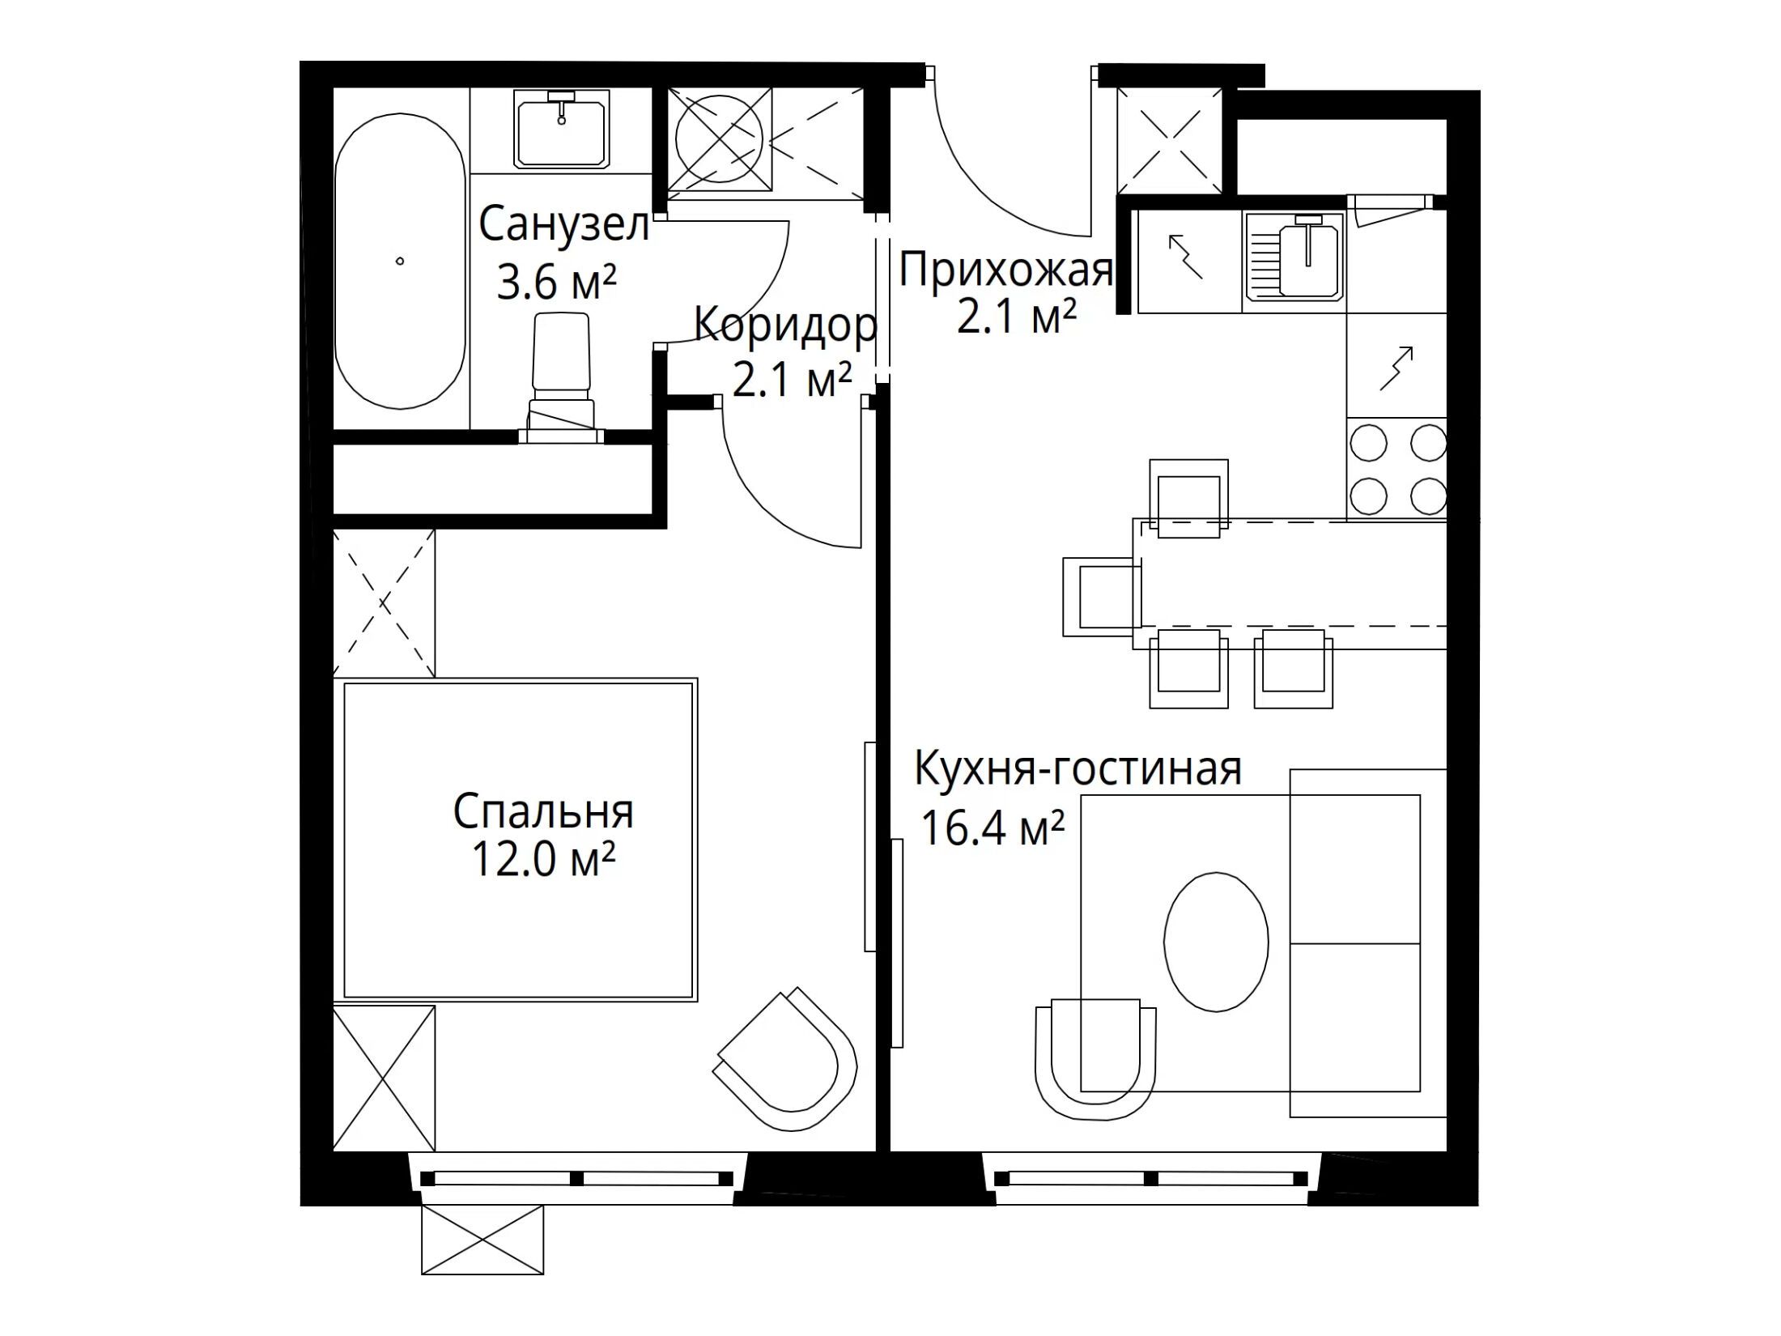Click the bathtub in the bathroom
pyautogui.click(x=401, y=261)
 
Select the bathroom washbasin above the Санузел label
pyautogui.click(x=561, y=130)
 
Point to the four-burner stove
pyautogui.click(x=1397, y=469)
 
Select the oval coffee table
pyautogui.click(x=1216, y=942)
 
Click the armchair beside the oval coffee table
pyautogui.click(x=1096, y=1059)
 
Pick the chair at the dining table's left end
pyautogui.click(x=1102, y=597)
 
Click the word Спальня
pyautogui.click(x=543, y=811)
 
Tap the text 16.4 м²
pyautogui.click(x=993, y=828)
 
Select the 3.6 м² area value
pyautogui.click(x=556, y=283)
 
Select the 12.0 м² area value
pyautogui.click(x=543, y=859)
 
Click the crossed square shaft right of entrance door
pyautogui.click(x=1169, y=141)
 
